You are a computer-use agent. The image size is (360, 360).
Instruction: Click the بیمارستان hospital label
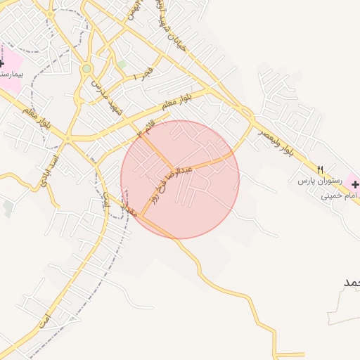pos(11,73)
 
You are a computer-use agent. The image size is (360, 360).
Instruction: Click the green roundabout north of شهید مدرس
pos(86,68)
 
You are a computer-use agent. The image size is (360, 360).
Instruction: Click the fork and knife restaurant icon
pos(320,169)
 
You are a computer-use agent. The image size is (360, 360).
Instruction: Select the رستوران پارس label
pos(318,181)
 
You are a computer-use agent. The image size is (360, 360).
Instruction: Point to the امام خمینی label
pos(340,195)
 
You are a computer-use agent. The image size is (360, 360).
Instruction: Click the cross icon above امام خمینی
pos(354,184)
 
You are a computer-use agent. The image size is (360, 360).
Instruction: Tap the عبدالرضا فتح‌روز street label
pos(167,183)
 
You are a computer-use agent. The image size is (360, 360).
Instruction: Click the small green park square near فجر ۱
pos(122,64)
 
